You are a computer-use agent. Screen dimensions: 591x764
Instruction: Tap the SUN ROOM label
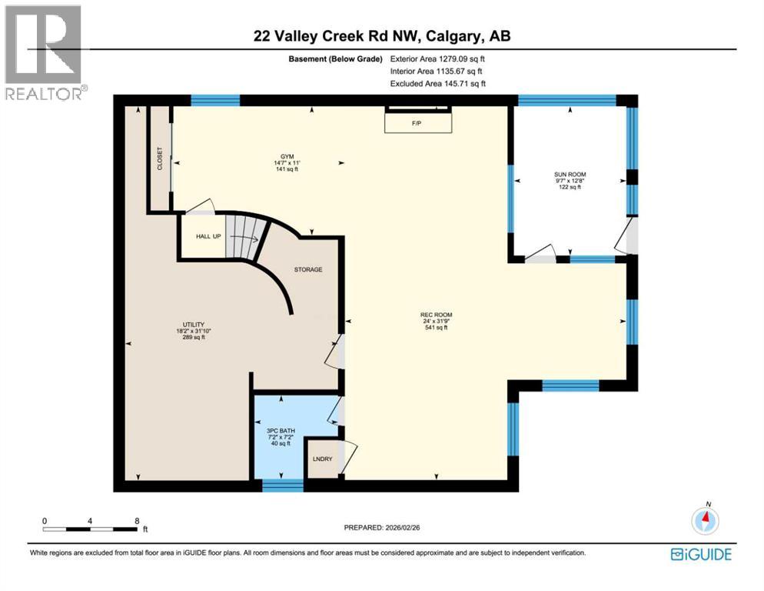(570, 175)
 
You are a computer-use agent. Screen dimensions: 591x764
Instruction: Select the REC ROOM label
(436, 315)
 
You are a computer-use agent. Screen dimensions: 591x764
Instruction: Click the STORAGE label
(307, 270)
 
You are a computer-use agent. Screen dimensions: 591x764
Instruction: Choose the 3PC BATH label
(281, 431)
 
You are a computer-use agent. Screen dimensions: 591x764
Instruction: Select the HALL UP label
(207, 236)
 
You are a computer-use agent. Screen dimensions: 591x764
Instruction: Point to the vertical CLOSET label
(160, 158)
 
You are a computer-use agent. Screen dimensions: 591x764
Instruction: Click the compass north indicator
(705, 519)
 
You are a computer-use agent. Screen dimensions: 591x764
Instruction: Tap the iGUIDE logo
(700, 554)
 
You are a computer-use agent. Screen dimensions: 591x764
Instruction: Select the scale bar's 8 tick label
(137, 521)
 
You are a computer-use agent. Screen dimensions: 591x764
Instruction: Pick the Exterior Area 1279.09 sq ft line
(438, 58)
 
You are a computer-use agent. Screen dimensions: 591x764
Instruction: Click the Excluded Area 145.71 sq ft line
(438, 83)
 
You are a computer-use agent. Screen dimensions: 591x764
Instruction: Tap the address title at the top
(381, 35)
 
